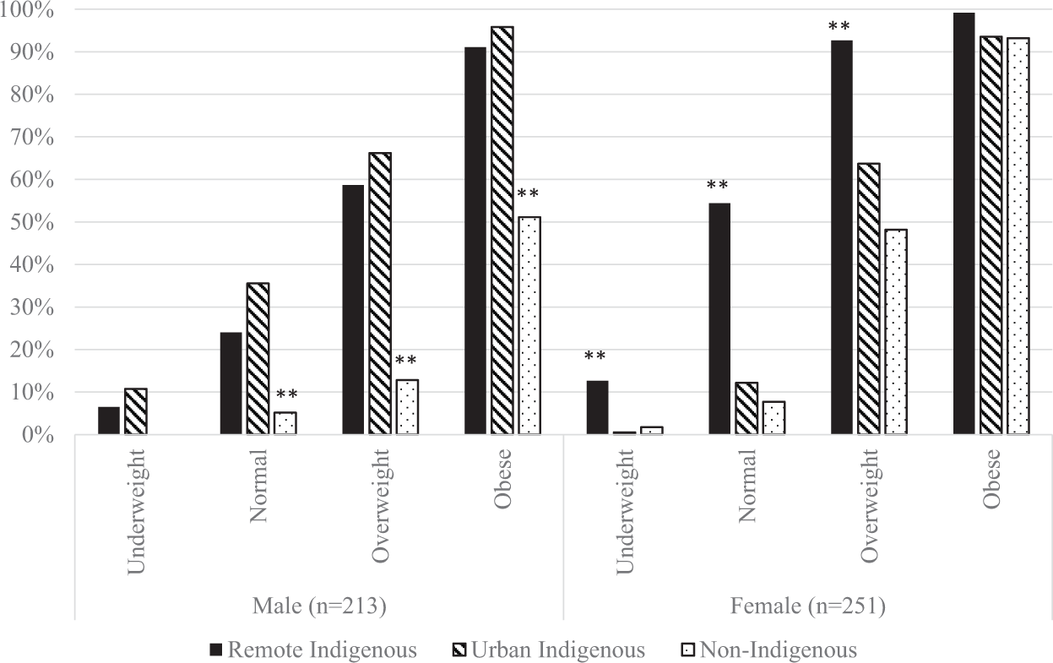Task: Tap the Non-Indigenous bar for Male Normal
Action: pos(286,423)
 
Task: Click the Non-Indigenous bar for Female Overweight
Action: pos(896,332)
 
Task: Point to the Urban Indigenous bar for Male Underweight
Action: pos(136,412)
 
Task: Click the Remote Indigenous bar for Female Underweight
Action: pos(597,408)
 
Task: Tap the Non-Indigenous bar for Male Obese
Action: pos(529,326)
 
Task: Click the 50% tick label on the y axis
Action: pos(34,222)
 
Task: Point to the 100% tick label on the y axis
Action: pos(29,10)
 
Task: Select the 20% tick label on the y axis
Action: pos(34,350)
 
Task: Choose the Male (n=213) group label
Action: pos(319,606)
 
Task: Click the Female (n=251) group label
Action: pos(808,606)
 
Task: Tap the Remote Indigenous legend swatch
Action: pos(216,650)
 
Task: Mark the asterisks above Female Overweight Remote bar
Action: pos(839,27)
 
